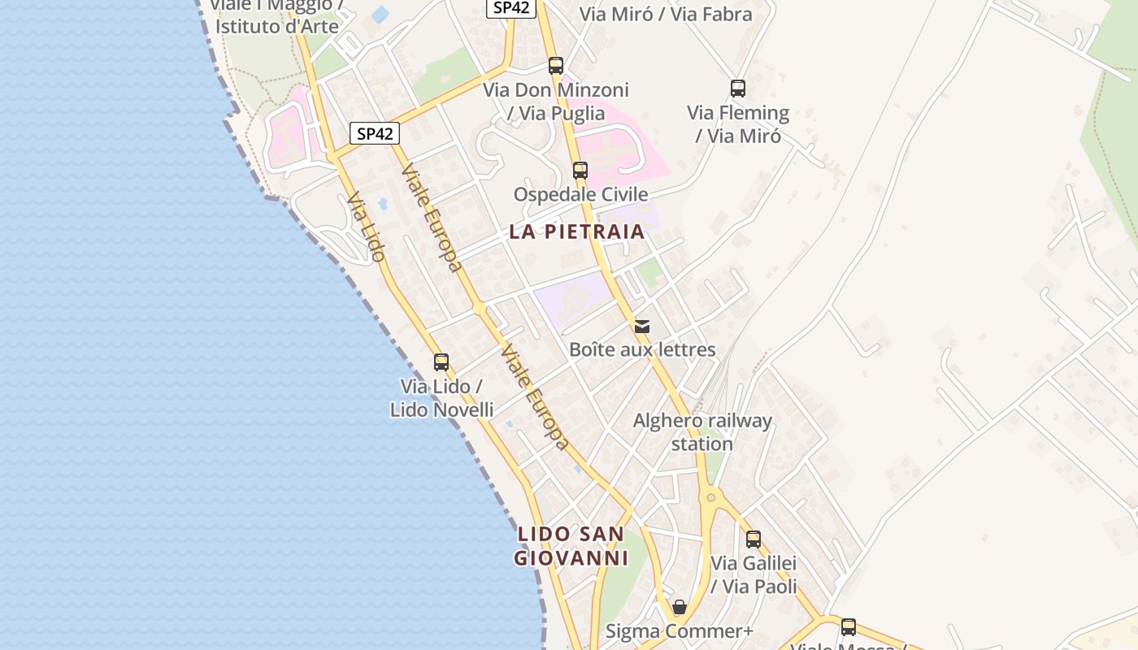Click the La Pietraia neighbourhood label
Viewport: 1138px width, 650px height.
point(576,232)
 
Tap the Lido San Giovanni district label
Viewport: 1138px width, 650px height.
point(571,546)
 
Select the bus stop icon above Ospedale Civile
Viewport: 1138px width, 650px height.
point(580,171)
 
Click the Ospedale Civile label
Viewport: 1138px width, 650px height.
point(580,194)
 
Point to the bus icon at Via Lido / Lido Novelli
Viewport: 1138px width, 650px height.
point(441,362)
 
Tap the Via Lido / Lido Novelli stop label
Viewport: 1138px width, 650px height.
point(441,397)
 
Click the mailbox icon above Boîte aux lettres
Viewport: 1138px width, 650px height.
point(642,327)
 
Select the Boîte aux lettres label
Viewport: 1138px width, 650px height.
point(642,350)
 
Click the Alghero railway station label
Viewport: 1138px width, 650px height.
point(702,432)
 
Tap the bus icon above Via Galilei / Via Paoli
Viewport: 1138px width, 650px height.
point(754,539)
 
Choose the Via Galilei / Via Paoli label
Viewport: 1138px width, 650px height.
point(754,574)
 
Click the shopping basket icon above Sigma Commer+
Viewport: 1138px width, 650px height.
point(680,607)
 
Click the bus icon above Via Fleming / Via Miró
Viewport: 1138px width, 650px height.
point(737,89)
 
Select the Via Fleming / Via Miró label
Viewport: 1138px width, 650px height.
point(738,124)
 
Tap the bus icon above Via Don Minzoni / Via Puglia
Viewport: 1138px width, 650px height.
point(556,66)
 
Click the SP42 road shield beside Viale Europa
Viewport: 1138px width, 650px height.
point(375,133)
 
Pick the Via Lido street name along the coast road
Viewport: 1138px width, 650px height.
point(365,227)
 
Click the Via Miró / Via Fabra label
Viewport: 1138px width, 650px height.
point(666,14)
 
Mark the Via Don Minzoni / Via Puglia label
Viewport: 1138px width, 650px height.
point(556,102)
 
